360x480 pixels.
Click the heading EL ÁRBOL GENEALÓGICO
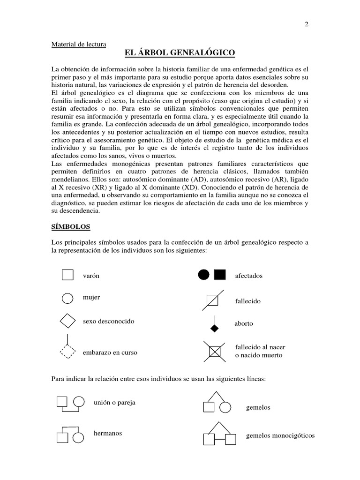[180, 53]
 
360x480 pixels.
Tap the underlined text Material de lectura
[78, 45]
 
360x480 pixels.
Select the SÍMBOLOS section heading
[71, 226]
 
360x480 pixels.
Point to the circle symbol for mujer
[67, 298]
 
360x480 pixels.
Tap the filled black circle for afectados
[203, 275]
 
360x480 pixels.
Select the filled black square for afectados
[220, 275]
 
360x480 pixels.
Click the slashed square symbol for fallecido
[212, 300]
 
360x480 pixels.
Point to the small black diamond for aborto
[214, 328]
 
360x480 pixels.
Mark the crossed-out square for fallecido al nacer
[214, 351]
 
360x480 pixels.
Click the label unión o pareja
[114, 403]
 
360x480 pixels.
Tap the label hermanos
[108, 433]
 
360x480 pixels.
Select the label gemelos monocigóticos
[280, 435]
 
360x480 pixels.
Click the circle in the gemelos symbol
[225, 407]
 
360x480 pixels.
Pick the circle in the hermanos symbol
[78, 438]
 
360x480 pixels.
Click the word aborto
[244, 324]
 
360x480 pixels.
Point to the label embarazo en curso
[110, 352]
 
